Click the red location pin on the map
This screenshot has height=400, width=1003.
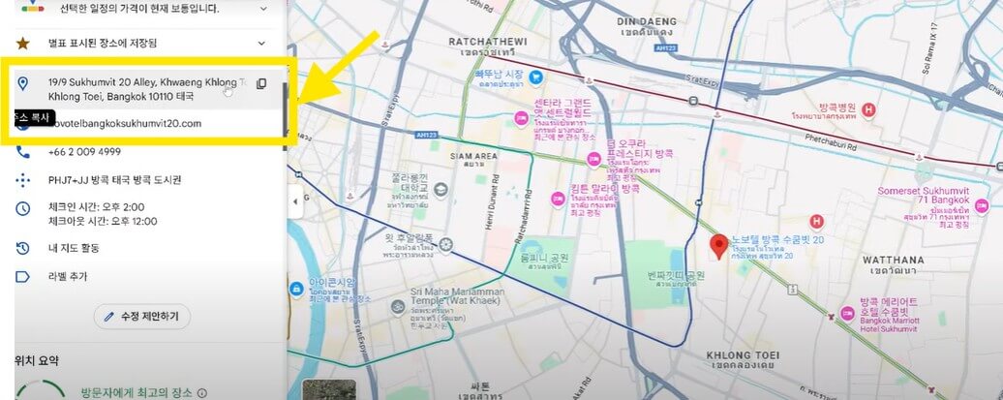click(x=718, y=247)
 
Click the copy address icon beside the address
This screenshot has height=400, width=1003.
click(x=261, y=83)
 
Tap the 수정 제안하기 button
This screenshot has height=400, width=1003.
click(x=142, y=317)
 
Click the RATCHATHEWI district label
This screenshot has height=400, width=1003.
click(x=485, y=42)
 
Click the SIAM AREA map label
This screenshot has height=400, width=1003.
click(x=472, y=156)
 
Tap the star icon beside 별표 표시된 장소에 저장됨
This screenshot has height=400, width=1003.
click(x=23, y=43)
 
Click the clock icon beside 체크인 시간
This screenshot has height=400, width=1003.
click(x=23, y=208)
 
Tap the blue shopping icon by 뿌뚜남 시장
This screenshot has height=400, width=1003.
click(x=535, y=77)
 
